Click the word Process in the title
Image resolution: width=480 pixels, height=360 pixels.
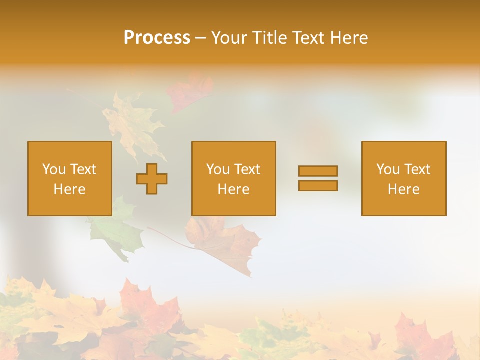[x=157, y=38]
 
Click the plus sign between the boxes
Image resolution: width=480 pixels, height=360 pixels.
[x=152, y=179]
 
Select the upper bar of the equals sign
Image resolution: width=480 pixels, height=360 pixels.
[x=318, y=171]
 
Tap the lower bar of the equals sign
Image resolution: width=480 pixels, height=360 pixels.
[x=318, y=186]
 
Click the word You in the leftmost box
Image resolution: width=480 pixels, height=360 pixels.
[x=54, y=169]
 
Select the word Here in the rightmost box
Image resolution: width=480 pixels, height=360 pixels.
[x=404, y=189]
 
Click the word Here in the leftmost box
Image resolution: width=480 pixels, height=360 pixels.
[x=70, y=189]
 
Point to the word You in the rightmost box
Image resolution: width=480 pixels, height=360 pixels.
[x=388, y=169]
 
